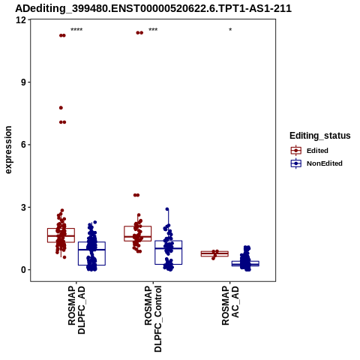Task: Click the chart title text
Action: pos(153,8)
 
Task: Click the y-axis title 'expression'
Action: pos(8,150)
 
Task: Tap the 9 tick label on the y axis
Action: pos(24,82)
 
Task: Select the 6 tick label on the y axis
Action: pos(24,145)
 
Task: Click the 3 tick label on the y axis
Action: pos(24,207)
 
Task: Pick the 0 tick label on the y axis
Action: pos(24,270)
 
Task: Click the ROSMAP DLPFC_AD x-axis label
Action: pos(76,310)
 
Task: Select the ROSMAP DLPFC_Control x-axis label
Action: pos(153,319)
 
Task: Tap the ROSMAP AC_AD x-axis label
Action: pos(230,305)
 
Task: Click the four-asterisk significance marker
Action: pos(76,30)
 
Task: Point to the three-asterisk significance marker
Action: pos(153,30)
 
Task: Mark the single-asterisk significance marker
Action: pos(230,30)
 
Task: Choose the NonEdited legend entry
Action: pos(316,163)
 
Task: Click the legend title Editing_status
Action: pos(320,136)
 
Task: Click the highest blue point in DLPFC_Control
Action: pos(167,209)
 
